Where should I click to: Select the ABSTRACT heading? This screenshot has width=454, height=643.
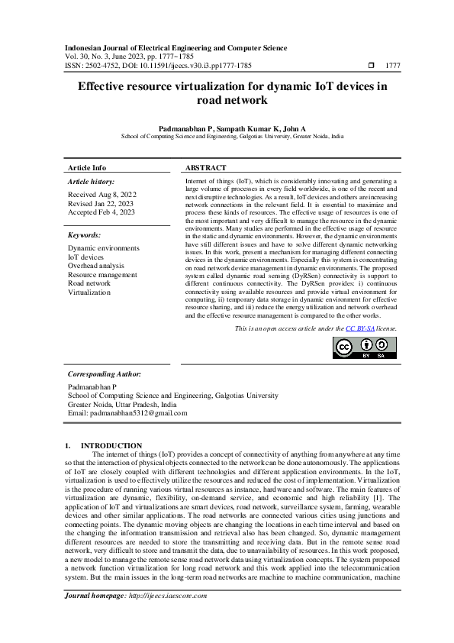coord(205,167)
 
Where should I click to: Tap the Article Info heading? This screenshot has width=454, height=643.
coord(87,167)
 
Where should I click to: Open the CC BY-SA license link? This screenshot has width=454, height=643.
coord(359,328)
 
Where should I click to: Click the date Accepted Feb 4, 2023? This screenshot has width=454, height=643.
coord(101,212)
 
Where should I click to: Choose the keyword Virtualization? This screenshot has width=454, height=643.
coord(89,292)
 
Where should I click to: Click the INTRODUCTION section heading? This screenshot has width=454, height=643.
coord(111,445)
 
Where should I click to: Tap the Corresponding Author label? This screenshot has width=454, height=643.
coord(105,374)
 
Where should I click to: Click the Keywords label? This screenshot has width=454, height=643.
coord(84,235)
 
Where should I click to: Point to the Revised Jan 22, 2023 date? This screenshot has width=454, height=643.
coord(101,203)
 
